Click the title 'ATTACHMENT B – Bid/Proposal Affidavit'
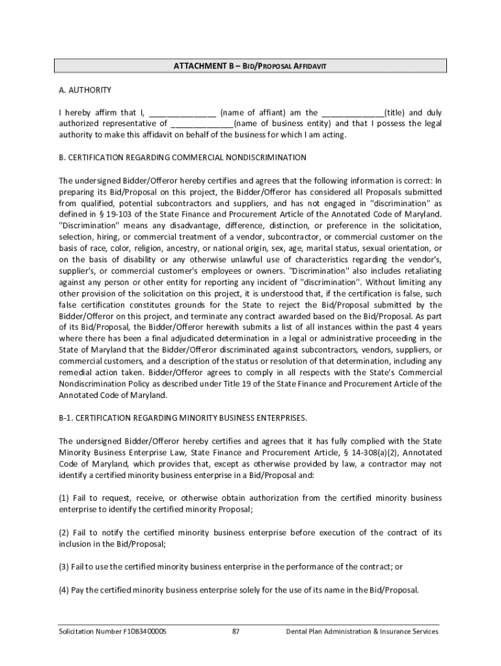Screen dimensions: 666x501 pyautogui.click(x=249, y=66)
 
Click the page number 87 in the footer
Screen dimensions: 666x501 pyautogui.click(x=237, y=632)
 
